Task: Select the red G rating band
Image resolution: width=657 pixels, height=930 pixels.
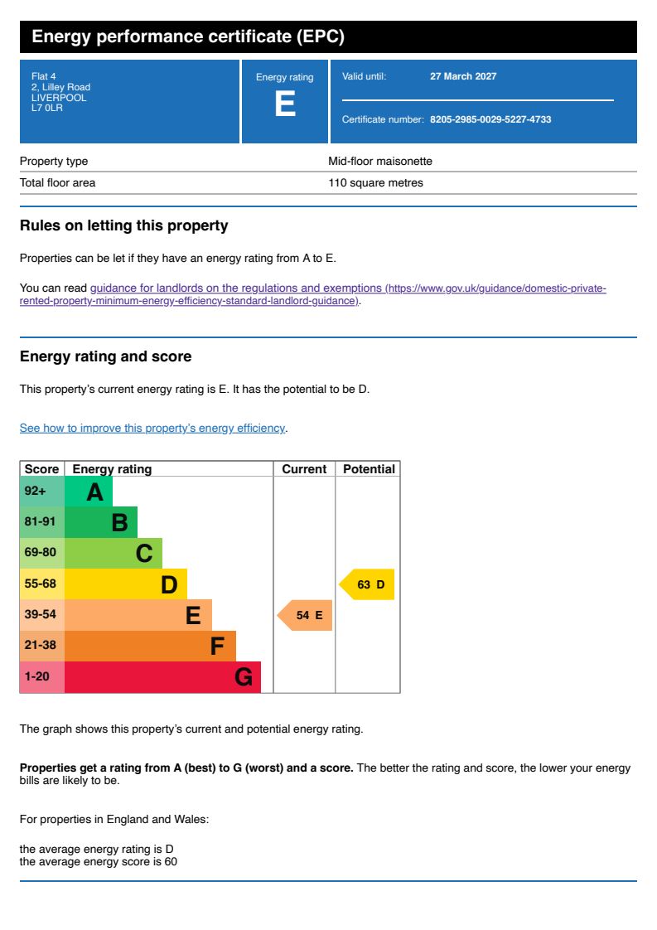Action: [x=162, y=677]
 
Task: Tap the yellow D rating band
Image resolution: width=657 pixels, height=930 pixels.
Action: [x=125, y=584]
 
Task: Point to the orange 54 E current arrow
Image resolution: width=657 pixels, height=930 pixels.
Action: [x=305, y=615]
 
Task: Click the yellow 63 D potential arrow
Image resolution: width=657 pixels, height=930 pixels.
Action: [x=367, y=584]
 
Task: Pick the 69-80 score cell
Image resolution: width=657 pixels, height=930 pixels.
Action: [x=41, y=553]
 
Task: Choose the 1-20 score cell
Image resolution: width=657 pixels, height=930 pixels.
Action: [x=41, y=677]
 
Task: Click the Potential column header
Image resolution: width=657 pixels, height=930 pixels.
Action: [x=369, y=469]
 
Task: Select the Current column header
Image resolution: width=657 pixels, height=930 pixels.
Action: [x=304, y=469]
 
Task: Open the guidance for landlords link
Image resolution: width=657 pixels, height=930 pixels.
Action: [x=235, y=288]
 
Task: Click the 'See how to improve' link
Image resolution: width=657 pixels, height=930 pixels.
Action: [x=152, y=429]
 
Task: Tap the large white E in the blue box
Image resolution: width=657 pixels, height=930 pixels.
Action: [x=285, y=105]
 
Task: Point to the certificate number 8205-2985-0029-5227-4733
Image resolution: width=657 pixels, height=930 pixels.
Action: [x=490, y=119]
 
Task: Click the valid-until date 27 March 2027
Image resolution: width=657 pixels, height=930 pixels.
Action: [x=463, y=76]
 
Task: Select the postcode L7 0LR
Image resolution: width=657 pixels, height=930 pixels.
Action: [x=47, y=108]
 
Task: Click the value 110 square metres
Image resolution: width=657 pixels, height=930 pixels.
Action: [x=375, y=183]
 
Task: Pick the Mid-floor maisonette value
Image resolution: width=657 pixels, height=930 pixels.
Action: [x=380, y=162]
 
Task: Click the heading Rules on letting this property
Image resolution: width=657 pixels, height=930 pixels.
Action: [x=123, y=225]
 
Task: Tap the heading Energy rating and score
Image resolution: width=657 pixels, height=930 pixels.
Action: [x=105, y=356]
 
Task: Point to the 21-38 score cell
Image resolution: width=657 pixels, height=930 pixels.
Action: [x=41, y=646]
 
